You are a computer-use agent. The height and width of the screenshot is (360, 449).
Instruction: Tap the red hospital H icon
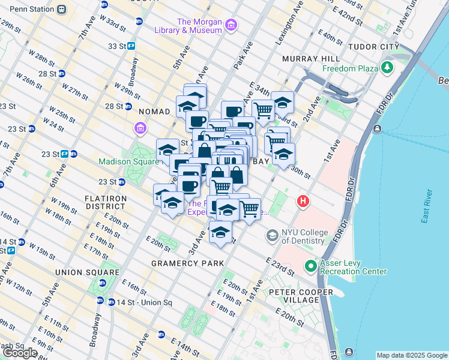click(x=304, y=202)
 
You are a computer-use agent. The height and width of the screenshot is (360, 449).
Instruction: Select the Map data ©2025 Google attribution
click(x=412, y=355)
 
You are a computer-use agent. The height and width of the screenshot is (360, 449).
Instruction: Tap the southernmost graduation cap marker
click(x=221, y=233)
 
